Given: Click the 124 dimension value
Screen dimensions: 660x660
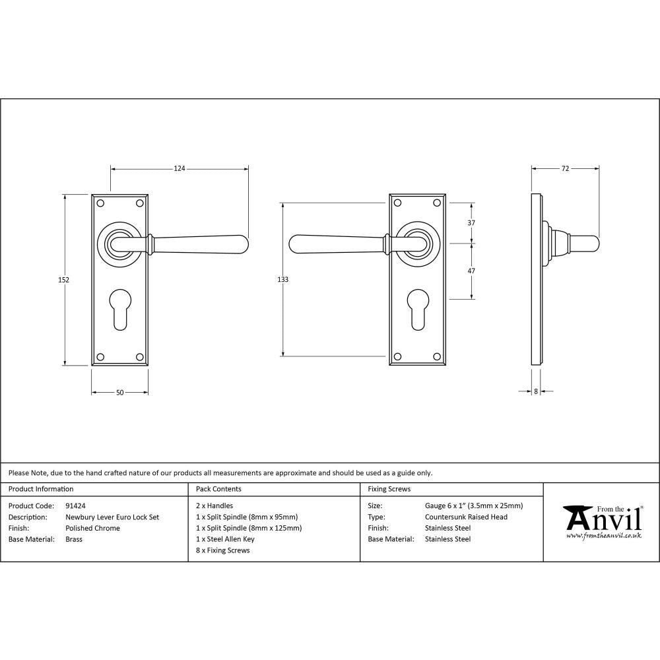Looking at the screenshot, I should (x=179, y=169).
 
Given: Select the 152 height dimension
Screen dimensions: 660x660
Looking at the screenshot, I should (x=63, y=280).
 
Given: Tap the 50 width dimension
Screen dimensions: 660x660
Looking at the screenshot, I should (x=119, y=393).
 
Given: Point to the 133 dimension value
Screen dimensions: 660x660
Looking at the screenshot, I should (x=282, y=280).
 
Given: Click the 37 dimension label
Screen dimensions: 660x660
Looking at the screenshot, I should (x=471, y=223).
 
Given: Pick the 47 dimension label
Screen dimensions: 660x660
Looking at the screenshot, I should (x=471, y=271).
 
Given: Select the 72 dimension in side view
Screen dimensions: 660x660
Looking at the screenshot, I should (x=565, y=169).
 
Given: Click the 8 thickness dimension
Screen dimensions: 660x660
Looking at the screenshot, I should (x=536, y=391).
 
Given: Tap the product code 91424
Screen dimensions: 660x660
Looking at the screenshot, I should (x=76, y=506).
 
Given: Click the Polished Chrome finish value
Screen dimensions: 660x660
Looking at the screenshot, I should (x=92, y=528).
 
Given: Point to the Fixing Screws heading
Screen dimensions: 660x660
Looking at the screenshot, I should (x=389, y=489).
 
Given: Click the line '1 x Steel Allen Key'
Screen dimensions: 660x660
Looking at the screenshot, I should (x=225, y=539).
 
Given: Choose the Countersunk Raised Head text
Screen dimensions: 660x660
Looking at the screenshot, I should (x=466, y=517).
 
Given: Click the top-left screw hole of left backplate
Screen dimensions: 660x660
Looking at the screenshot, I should (x=100, y=203).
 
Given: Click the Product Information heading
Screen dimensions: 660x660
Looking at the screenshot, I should (x=41, y=489).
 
